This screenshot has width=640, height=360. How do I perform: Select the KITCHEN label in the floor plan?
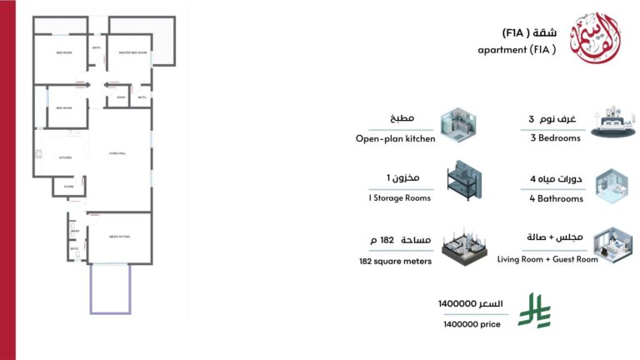point(64,157)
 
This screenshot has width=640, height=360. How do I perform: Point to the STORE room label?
point(69,187)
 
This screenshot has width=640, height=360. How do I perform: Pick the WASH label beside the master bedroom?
point(121,97)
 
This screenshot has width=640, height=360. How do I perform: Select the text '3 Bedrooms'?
point(557,138)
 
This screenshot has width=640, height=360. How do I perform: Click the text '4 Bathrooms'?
point(557,198)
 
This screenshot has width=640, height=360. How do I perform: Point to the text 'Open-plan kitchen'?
point(395,138)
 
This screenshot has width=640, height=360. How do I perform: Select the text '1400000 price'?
point(472,324)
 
